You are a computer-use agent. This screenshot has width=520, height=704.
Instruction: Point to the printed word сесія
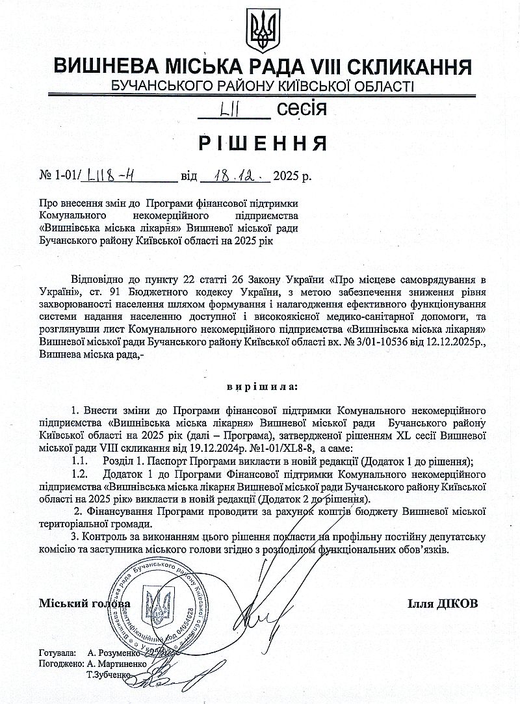pos(302,109)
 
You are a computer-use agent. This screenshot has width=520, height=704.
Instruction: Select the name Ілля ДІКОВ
pos(443,603)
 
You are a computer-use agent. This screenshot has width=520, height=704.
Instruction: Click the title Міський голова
pos(80,603)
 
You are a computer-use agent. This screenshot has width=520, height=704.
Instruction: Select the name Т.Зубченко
pos(108,675)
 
